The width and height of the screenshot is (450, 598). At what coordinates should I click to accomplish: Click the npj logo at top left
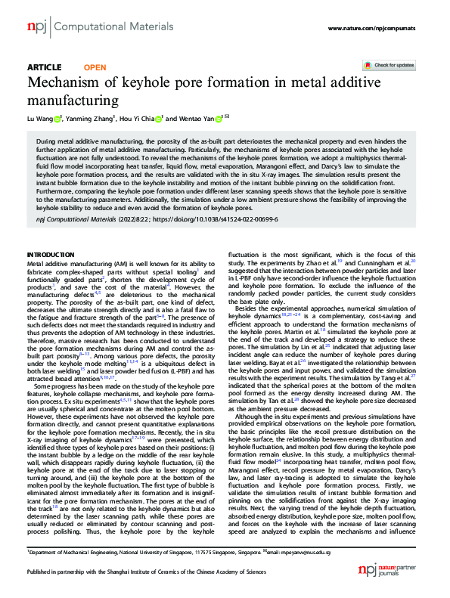click(x=36, y=27)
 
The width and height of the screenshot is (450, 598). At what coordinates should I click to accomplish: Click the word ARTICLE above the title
click(x=45, y=67)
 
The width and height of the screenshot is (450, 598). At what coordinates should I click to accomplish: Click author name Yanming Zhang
click(x=87, y=118)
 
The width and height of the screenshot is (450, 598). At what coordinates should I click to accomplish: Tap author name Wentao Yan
click(x=192, y=118)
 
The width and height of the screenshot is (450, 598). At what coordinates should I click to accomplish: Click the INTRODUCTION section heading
click(x=51, y=234)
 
